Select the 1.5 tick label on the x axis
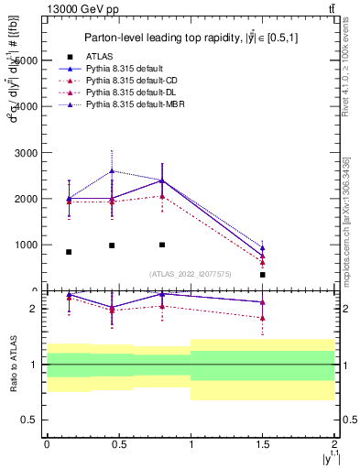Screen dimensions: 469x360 tap(263, 443)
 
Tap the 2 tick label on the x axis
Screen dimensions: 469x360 tap(334, 443)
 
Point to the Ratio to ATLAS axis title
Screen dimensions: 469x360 tap(12, 365)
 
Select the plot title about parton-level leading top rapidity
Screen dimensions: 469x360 tap(189, 38)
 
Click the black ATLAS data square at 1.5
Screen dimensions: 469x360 tap(263, 275)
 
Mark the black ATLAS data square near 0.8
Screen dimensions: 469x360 tap(162, 245)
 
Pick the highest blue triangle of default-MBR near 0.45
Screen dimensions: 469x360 tap(112, 170)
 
